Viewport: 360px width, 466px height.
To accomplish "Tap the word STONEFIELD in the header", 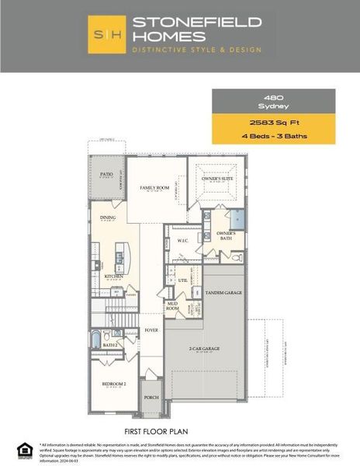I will pos(196,23).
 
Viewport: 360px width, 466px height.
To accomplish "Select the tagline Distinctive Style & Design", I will pos(196,50).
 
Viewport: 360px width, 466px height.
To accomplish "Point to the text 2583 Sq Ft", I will pos(273,123).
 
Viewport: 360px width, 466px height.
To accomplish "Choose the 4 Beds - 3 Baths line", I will pos(273,136).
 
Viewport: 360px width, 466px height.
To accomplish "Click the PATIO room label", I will pos(106,175).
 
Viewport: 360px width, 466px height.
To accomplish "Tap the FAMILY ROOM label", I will pos(154,188).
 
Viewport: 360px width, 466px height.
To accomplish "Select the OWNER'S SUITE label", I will pos(218,179).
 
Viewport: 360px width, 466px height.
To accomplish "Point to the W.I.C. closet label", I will pos(183,241).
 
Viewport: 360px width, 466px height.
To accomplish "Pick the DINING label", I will pos(108,217).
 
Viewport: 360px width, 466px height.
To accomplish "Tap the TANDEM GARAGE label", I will pos(223,293).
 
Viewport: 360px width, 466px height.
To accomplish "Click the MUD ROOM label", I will pos(172,306).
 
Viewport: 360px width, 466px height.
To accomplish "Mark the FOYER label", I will pos(151,330).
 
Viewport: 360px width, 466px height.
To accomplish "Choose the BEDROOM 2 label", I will pos(113,384).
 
